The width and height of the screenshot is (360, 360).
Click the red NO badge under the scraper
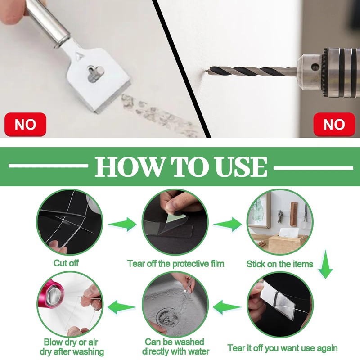tap(25, 125)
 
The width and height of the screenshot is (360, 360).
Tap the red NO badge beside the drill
tap(334, 125)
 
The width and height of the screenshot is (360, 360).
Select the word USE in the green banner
tap(241, 166)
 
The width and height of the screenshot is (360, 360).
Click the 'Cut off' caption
tap(66, 263)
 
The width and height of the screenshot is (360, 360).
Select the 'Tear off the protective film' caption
tap(175, 264)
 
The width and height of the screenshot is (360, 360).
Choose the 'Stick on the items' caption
tap(280, 264)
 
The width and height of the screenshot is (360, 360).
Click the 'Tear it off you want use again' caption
tap(283, 348)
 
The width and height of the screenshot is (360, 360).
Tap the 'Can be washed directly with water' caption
tap(175, 346)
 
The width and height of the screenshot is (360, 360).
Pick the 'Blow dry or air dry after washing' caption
tap(72, 347)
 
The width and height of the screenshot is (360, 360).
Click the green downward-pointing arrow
tap(325, 264)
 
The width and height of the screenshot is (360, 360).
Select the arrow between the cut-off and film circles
tap(122, 224)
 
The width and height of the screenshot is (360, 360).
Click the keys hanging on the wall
tap(279, 216)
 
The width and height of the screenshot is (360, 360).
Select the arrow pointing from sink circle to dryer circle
tap(122, 307)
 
